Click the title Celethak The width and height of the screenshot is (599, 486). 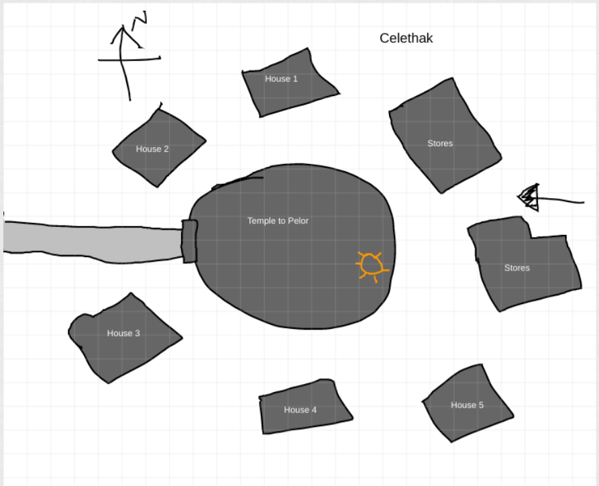pos(406,38)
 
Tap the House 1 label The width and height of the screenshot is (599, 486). pos(281,79)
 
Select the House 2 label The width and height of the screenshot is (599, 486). pos(152,149)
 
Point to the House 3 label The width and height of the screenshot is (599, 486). pos(123,333)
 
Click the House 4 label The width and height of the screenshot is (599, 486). pos(300,409)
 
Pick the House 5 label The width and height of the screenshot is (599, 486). pos(467,405)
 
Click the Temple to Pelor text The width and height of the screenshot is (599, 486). pos(278,220)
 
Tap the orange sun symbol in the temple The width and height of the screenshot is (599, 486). pos(370,266)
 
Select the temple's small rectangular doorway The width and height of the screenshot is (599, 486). pos(189,240)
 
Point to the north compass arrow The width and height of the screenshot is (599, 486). pos(123,60)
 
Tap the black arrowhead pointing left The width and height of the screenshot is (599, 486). pos(529,197)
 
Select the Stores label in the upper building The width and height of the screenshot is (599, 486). pos(440,143)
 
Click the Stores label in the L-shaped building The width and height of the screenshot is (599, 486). pos(516,268)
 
